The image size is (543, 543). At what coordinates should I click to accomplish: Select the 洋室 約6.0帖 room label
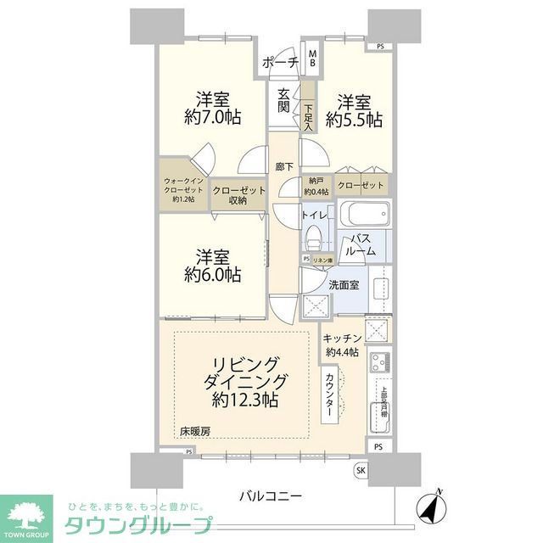click(x=212, y=265)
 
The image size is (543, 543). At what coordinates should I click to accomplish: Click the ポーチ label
click(x=279, y=63)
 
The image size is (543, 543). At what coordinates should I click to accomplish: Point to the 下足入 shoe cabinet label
click(x=309, y=115)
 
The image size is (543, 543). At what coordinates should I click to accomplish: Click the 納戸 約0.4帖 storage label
click(x=317, y=185)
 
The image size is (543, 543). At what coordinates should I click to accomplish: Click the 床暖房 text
click(x=194, y=433)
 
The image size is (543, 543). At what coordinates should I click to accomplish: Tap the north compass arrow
click(x=434, y=507)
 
